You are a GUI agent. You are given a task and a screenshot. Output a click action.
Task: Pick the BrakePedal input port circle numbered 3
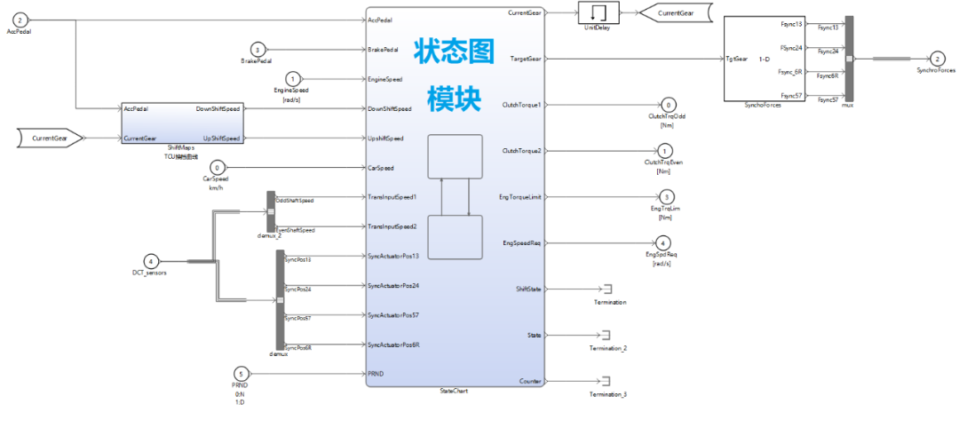(x=258, y=49)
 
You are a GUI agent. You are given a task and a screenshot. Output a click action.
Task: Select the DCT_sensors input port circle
(x=152, y=261)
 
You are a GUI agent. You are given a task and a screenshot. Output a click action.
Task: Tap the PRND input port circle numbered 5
(x=240, y=374)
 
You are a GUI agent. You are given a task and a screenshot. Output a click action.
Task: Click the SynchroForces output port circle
(x=938, y=58)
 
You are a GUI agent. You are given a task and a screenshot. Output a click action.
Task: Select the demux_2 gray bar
(x=271, y=214)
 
